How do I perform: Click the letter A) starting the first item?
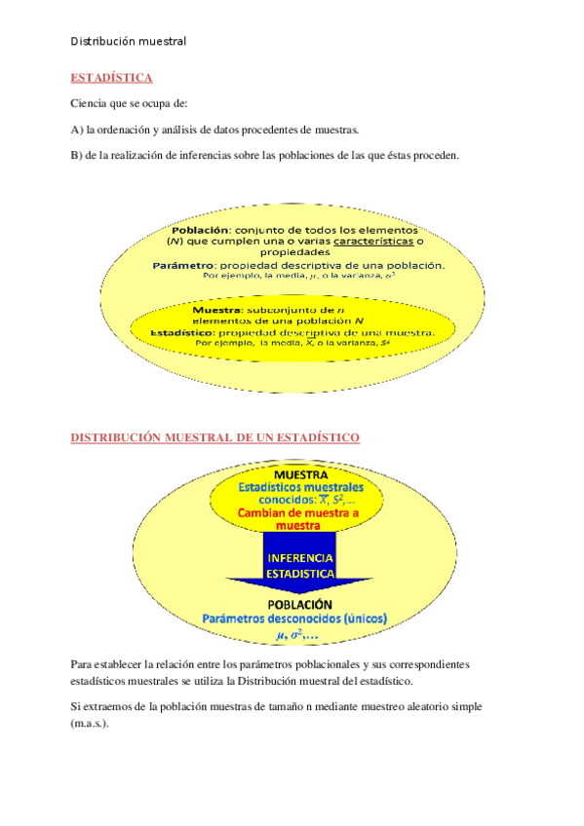77,130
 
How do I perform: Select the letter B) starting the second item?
77,156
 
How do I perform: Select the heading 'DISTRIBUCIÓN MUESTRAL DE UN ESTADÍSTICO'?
215,438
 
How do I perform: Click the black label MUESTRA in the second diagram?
300,473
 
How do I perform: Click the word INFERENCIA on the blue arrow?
300,559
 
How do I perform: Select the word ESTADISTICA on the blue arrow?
300,574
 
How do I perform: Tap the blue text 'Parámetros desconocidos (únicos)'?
295,619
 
